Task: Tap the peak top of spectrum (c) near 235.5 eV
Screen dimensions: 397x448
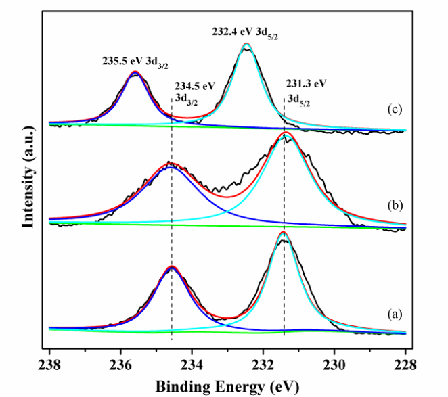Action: click(x=135, y=72)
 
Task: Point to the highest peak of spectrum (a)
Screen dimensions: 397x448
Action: click(x=283, y=232)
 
